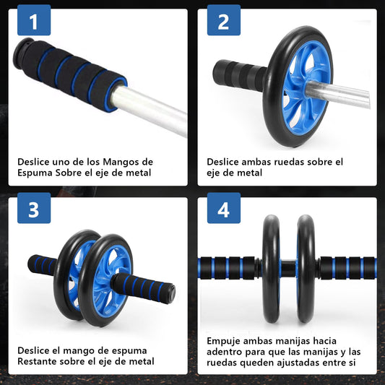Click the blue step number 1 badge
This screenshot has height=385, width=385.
click(x=34, y=20)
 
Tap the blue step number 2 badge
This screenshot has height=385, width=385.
click(x=224, y=20)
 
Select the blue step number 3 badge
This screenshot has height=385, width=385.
click(x=34, y=208)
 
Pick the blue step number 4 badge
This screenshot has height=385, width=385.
click(x=224, y=208)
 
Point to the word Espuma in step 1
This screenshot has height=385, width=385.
click(x=35, y=173)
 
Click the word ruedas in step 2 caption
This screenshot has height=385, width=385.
click(x=288, y=162)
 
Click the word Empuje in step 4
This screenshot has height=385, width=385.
click(x=224, y=342)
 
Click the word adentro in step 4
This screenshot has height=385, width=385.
click(x=225, y=352)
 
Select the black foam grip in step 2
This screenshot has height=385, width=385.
click(x=239, y=74)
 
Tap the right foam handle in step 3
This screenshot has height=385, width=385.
click(x=143, y=288)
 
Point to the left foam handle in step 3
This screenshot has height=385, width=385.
click(x=42, y=265)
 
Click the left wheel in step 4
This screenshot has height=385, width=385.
click(x=271, y=269)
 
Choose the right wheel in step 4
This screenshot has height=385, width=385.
click(x=306, y=269)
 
